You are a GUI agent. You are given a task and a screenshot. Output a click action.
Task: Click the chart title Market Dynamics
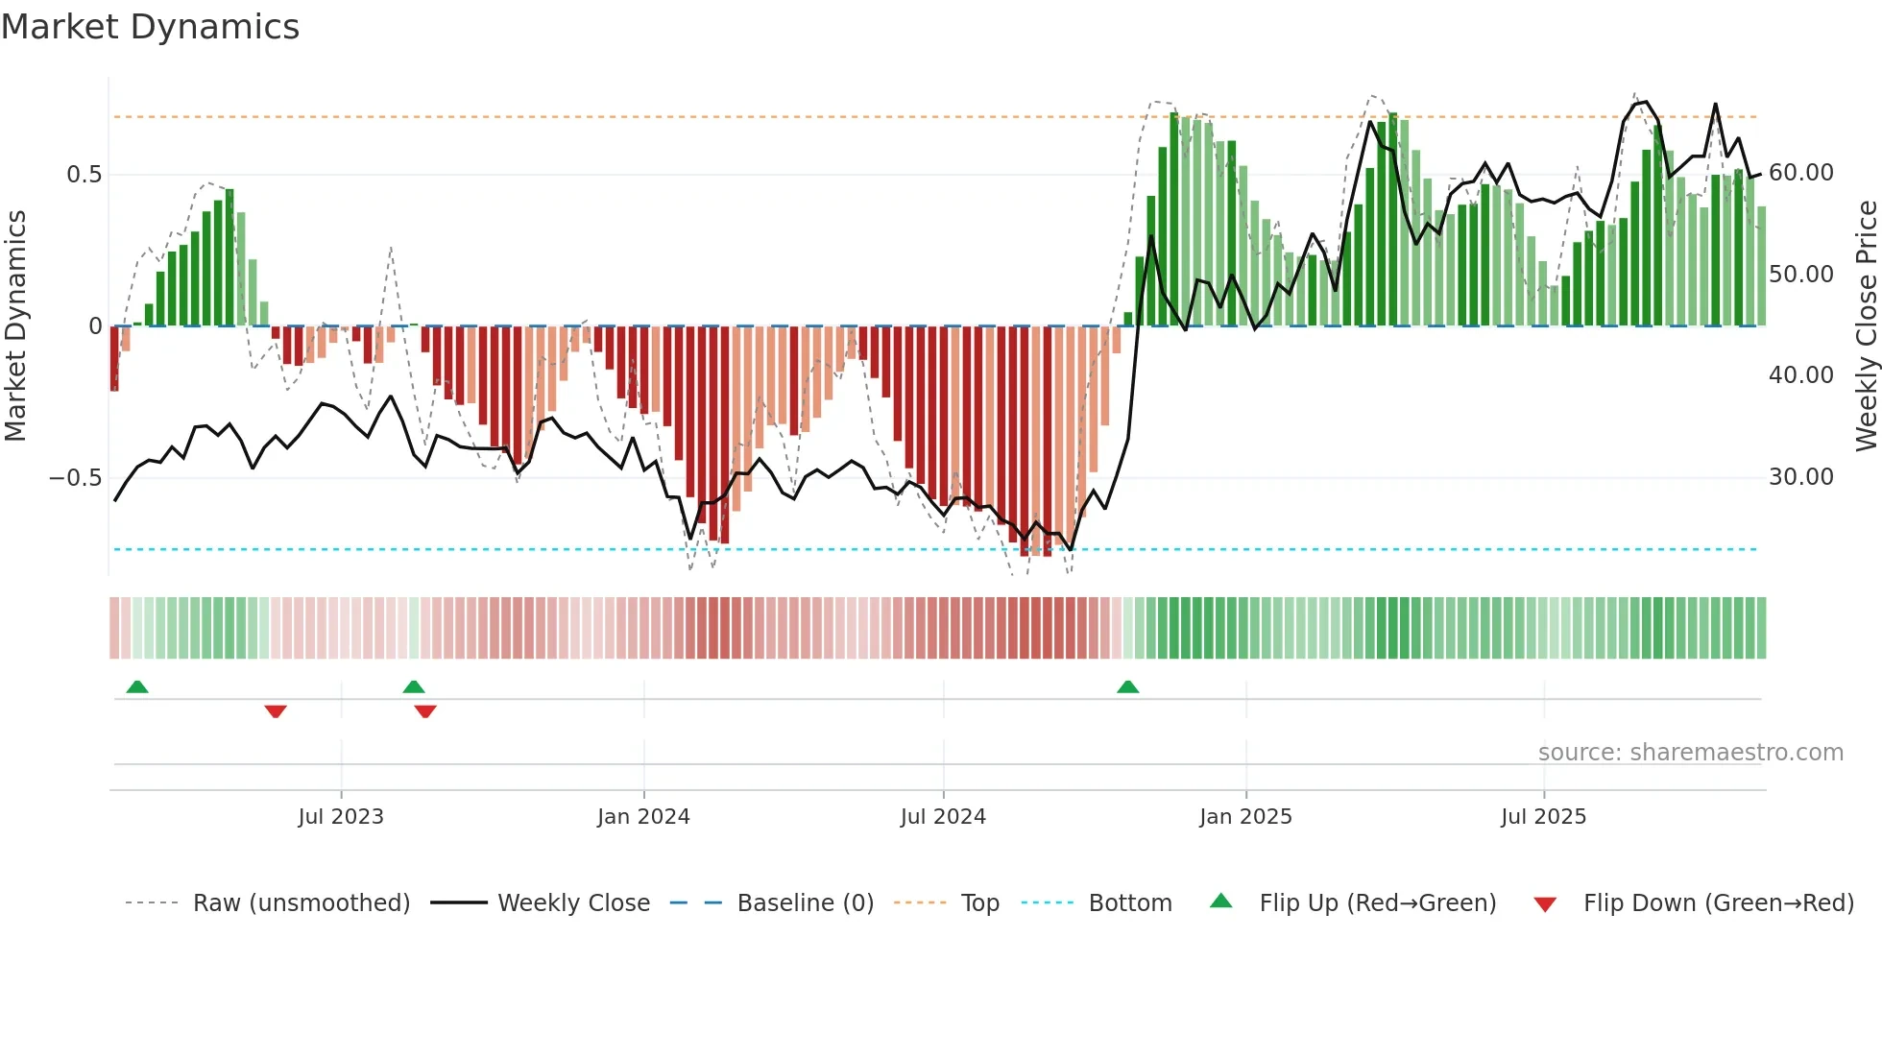(x=150, y=27)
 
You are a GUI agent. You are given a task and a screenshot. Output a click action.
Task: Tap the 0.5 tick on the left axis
(x=84, y=175)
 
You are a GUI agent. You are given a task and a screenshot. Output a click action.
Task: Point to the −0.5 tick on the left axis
(x=75, y=477)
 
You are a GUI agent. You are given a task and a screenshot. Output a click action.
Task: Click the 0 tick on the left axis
(x=95, y=326)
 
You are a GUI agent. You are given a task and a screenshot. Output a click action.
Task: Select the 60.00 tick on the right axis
(x=1800, y=173)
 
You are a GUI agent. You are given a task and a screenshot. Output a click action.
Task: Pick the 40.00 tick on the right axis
(x=1800, y=375)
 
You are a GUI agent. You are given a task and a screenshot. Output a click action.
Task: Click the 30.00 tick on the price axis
(x=1800, y=477)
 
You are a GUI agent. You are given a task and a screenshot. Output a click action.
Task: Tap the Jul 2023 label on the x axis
(x=341, y=817)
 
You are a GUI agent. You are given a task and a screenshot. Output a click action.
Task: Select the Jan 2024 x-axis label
(x=643, y=817)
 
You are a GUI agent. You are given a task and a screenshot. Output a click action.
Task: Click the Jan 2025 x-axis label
(x=1245, y=817)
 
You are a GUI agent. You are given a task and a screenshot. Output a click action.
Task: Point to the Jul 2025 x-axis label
(x=1543, y=817)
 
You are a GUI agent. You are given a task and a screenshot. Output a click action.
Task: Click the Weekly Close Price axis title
(x=1866, y=326)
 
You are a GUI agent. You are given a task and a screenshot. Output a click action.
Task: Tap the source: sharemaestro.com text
(x=1690, y=753)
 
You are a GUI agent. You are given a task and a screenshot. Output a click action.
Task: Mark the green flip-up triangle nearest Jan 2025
(x=1128, y=687)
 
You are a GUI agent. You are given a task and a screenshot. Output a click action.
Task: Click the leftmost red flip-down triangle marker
(x=276, y=711)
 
